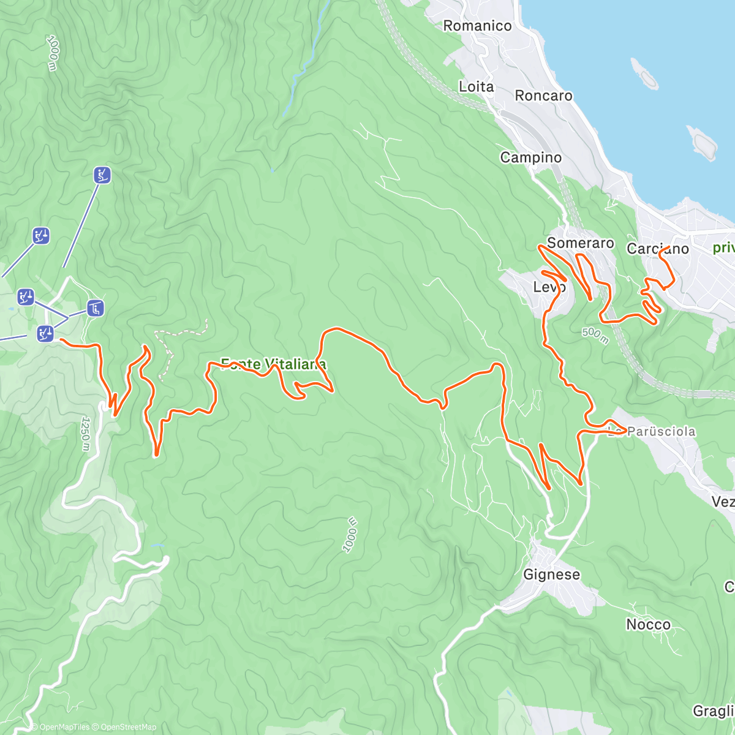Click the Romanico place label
point(477,26)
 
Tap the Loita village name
point(476,87)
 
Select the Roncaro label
point(543,96)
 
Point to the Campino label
point(530,157)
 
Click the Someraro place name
point(580,243)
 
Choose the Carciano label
point(657,249)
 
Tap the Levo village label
point(549,287)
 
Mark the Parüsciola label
point(661,432)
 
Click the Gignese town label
point(551,575)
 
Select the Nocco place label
point(648,625)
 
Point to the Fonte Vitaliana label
point(273,364)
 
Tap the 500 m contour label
point(595,335)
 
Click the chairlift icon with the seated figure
point(95,307)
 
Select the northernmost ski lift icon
point(102,175)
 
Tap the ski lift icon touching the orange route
point(46,334)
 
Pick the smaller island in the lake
point(644,73)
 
